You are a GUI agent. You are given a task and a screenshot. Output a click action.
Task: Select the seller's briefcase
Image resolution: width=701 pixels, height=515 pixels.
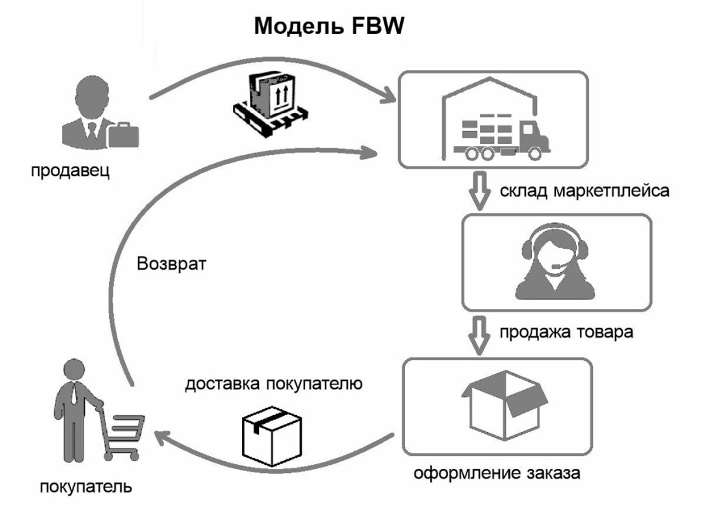coord(123,134)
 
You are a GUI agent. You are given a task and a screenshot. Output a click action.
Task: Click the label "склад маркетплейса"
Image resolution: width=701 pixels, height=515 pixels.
coord(584,192)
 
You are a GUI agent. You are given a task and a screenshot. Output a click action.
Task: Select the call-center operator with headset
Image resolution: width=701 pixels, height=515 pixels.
coord(554,263)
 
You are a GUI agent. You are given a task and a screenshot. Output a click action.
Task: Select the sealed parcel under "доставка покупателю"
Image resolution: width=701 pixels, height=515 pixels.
coord(271,439)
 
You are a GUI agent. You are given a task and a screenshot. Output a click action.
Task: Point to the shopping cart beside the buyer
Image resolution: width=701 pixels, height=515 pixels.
coord(122,436)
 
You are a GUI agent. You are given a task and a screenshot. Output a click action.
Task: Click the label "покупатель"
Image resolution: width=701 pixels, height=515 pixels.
coord(86,486)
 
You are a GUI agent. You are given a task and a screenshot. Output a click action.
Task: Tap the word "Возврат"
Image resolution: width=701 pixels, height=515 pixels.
coord(172,263)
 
